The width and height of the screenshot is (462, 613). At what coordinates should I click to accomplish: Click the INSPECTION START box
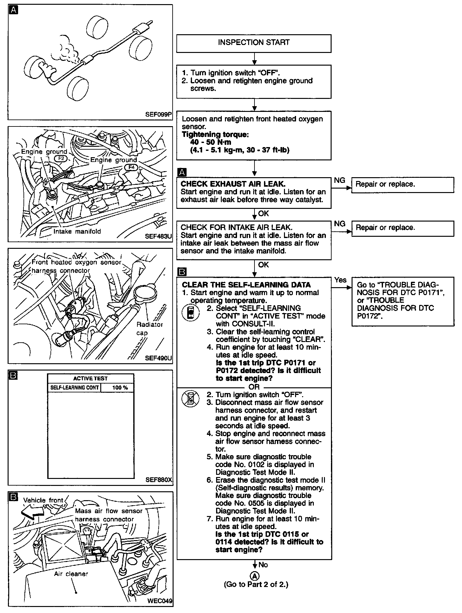pyautogui.click(x=254, y=43)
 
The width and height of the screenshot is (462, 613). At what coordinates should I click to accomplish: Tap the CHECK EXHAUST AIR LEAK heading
pyautogui.click(x=233, y=184)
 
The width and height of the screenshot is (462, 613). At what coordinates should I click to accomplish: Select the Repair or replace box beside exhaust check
pyautogui.click(x=402, y=184)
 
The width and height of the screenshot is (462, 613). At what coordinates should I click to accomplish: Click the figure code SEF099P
pyautogui.click(x=158, y=114)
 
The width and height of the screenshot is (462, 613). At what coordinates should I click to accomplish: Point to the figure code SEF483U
pyautogui.click(x=158, y=236)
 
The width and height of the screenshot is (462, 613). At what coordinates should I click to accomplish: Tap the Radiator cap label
pyautogui.click(x=149, y=329)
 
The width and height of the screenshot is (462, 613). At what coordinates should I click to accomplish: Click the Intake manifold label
pyautogui.click(x=77, y=231)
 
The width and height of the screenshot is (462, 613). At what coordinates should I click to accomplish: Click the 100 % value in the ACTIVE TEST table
pyautogui.click(x=120, y=388)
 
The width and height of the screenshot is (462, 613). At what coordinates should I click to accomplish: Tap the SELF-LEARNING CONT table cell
pyautogui.click(x=75, y=388)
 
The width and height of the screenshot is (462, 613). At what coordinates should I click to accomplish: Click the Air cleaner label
pyautogui.click(x=71, y=574)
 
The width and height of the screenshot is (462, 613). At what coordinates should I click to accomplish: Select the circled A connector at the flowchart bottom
pyautogui.click(x=254, y=576)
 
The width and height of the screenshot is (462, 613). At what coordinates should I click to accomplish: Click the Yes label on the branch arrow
pyautogui.click(x=340, y=280)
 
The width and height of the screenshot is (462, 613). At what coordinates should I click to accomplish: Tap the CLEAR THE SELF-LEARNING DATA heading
pyautogui.click(x=246, y=285)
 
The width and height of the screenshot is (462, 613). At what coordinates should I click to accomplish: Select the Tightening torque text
pyautogui.click(x=215, y=134)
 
